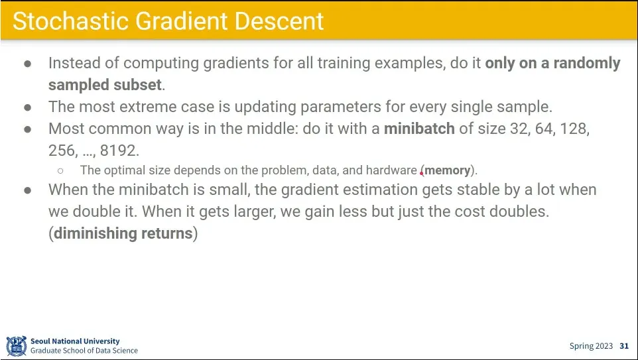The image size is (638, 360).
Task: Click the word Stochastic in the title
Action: click(70, 21)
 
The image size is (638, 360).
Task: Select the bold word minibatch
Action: click(420, 129)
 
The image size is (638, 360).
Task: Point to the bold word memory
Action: click(448, 170)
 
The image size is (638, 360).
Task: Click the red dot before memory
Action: click(421, 173)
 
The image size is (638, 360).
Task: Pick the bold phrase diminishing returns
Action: click(123, 233)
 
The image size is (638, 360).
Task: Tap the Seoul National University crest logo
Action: click(17, 346)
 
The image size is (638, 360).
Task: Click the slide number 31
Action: click(624, 346)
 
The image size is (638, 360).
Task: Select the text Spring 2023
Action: click(591, 346)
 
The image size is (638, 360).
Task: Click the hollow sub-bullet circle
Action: click(60, 170)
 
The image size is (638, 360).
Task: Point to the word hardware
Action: click(391, 170)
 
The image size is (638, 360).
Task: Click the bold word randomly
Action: click(587, 63)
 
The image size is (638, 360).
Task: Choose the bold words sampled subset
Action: click(105, 85)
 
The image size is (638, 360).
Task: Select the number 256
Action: click(62, 150)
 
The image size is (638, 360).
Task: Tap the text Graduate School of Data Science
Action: click(84, 351)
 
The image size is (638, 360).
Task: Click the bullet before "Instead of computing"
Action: click(28, 64)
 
